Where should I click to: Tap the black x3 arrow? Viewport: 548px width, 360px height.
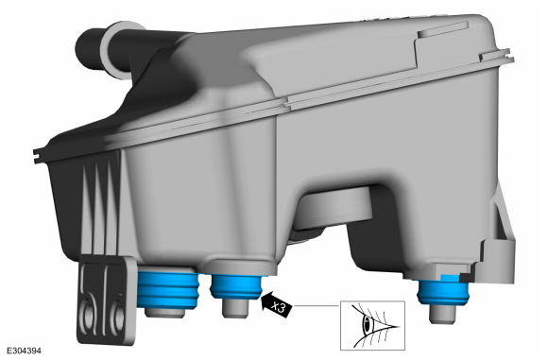277,305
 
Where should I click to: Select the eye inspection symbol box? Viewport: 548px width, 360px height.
372,325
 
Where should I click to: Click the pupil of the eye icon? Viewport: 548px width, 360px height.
367,324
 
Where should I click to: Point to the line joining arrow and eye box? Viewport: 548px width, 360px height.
317,305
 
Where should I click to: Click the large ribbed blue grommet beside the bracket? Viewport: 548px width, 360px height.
168,290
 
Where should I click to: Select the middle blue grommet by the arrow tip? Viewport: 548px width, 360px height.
236,286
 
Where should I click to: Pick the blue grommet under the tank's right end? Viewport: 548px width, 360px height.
443,291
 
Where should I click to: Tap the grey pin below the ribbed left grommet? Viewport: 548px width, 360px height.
164,313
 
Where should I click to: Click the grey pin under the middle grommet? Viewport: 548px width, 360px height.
235,308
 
